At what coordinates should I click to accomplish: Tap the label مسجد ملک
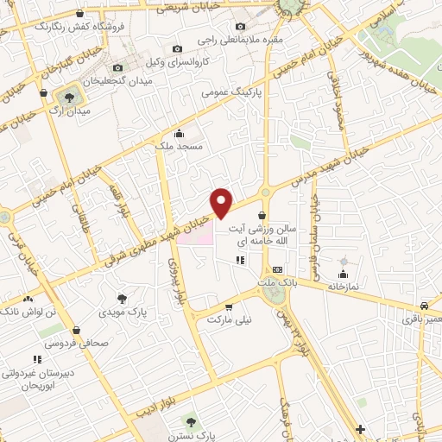(179, 147)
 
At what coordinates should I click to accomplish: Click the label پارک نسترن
(191, 435)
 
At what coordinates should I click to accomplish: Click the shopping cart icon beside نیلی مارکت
(229, 306)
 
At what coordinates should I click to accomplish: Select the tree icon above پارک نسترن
(191, 422)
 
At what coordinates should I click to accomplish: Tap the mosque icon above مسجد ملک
(179, 133)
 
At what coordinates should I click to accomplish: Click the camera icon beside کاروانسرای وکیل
(178, 49)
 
